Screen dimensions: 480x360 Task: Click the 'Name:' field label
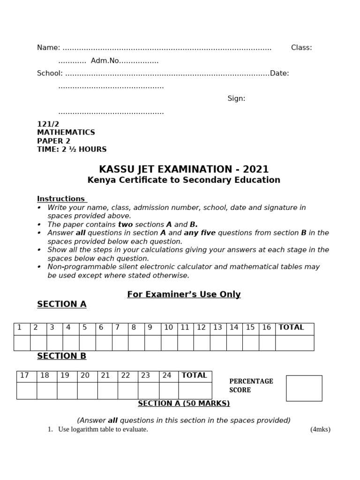click(x=49, y=48)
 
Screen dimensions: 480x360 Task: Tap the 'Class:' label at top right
click(x=301, y=48)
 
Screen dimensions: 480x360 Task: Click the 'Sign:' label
click(x=236, y=98)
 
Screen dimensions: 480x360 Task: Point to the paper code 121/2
click(x=48, y=124)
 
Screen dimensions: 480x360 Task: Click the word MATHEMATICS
click(x=66, y=133)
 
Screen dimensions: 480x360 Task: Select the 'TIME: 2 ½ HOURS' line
click(x=72, y=150)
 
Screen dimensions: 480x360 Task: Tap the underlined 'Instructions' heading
click(x=62, y=199)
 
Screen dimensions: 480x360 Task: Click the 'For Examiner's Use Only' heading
click(x=184, y=294)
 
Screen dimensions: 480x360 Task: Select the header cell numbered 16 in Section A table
click(x=267, y=328)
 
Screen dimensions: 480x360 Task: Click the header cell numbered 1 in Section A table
click(x=20, y=328)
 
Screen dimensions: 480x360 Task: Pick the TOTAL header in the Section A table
click(x=292, y=328)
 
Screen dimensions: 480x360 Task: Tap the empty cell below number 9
click(x=152, y=343)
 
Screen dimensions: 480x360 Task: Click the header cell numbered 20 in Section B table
click(x=85, y=375)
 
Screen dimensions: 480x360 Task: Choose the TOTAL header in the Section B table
click(x=194, y=375)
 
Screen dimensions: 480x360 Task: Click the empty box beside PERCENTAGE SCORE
click(x=304, y=388)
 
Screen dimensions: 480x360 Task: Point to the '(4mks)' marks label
click(x=320, y=429)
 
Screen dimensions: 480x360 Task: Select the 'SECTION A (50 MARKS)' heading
click(x=184, y=404)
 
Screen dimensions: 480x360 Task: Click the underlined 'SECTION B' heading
click(x=62, y=356)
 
